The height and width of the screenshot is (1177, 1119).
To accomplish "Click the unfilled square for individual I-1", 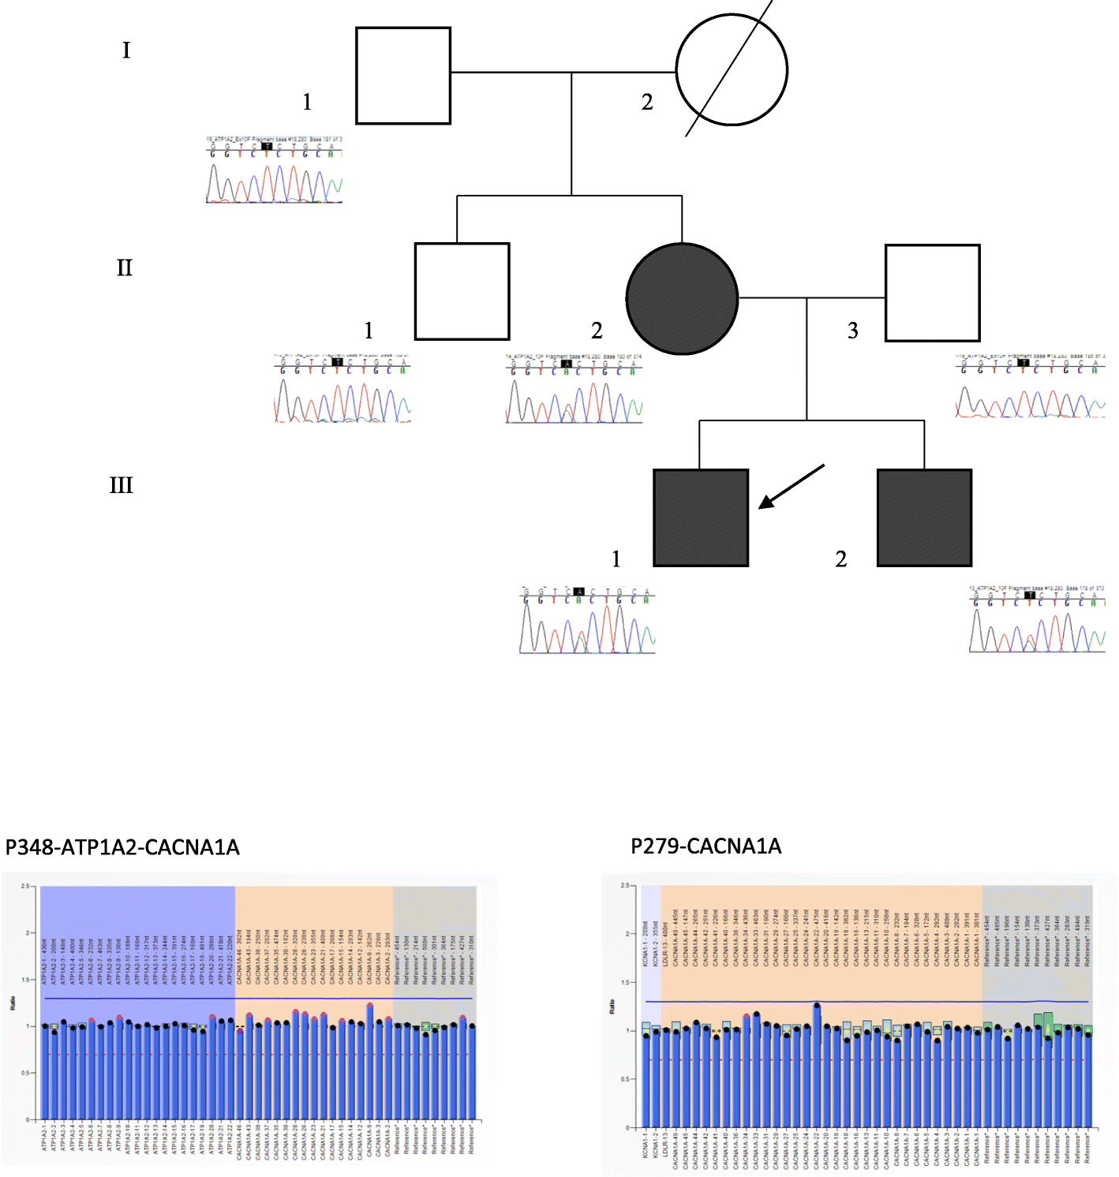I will [x=403, y=76].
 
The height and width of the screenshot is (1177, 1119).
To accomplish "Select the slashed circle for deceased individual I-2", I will [x=732, y=70].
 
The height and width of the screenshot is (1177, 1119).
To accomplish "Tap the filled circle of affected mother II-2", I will [x=682, y=298].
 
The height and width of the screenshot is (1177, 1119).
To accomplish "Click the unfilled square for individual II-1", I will [x=462, y=291].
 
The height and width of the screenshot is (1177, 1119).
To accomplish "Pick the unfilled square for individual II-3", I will [x=932, y=293].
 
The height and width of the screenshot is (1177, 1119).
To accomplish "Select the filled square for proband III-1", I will [x=701, y=518].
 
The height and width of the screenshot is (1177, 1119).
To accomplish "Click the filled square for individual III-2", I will [x=924, y=518].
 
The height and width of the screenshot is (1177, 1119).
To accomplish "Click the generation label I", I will [x=125, y=50].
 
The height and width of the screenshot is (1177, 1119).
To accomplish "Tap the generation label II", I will [x=125, y=268].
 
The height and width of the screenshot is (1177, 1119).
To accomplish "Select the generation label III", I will [x=122, y=485].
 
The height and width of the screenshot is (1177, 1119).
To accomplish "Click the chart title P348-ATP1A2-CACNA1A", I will [x=122, y=847].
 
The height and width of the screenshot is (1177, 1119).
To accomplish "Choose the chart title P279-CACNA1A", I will [x=705, y=846].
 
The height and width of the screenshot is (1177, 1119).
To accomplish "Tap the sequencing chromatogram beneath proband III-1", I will [x=587, y=621].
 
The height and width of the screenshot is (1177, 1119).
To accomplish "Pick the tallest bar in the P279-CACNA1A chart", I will [x=817, y=1065].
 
